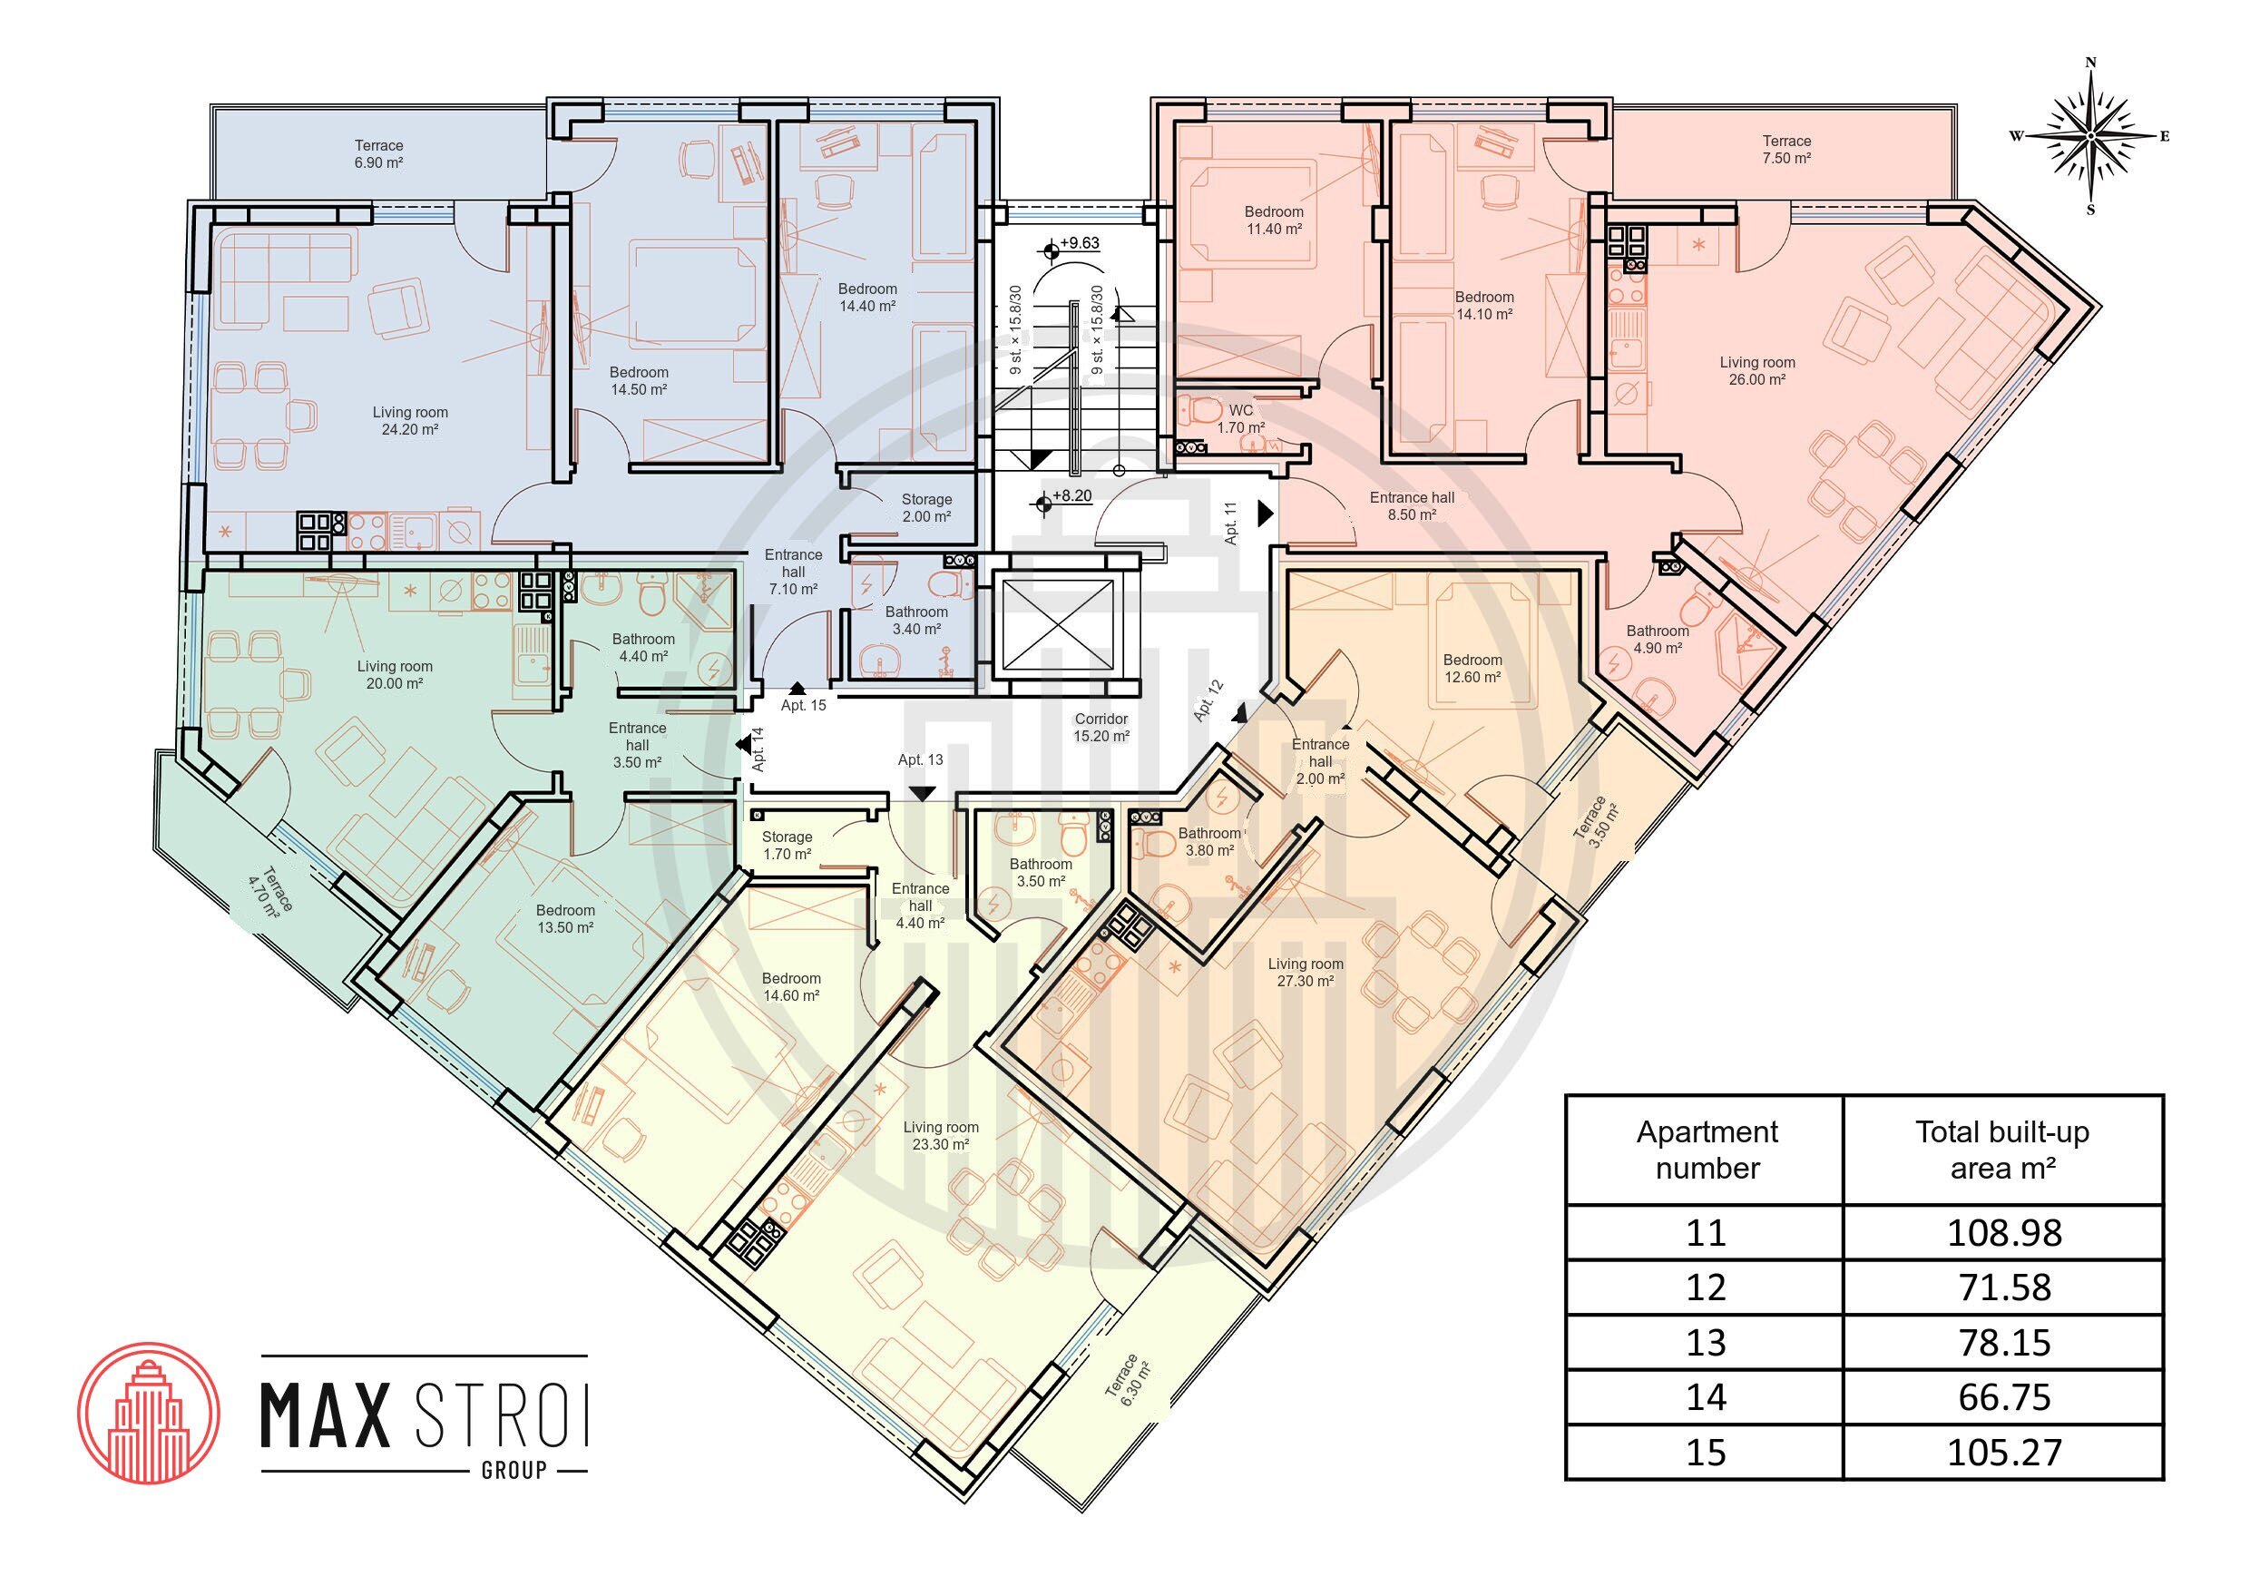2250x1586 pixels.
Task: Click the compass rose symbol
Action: tap(2090, 135)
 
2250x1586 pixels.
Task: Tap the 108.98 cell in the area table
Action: tap(2003, 1232)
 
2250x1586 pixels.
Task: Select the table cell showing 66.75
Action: tap(2003, 1396)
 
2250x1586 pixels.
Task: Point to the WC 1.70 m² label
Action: tap(1240, 418)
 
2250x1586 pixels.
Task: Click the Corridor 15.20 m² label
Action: tap(1101, 728)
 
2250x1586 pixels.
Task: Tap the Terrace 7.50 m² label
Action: tap(1786, 149)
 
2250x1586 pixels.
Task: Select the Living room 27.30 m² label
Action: tap(1306, 973)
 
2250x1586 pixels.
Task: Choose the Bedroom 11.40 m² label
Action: tap(1274, 220)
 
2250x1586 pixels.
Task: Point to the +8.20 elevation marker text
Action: tap(1071, 496)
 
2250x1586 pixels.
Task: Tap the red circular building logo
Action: tap(148, 1413)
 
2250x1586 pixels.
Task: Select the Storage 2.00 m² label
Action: tap(926, 508)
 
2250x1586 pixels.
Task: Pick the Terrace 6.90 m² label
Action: tap(378, 154)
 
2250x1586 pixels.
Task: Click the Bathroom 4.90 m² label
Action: tap(1658, 639)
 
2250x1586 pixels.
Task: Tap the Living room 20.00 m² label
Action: tap(394, 674)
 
